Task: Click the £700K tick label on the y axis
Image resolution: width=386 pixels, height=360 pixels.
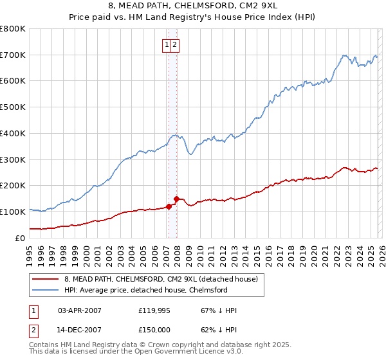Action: (13, 55)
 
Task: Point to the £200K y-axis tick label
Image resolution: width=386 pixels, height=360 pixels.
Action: (13, 186)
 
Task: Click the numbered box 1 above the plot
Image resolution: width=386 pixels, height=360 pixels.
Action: (167, 44)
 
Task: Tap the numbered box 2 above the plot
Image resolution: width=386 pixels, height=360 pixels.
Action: (175, 44)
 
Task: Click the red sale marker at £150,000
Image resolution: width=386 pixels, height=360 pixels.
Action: (176, 199)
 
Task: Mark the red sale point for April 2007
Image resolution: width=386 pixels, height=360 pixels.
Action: (169, 206)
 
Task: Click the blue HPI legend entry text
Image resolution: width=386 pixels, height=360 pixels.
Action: (146, 290)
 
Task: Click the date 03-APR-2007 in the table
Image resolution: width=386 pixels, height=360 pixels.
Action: (80, 310)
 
